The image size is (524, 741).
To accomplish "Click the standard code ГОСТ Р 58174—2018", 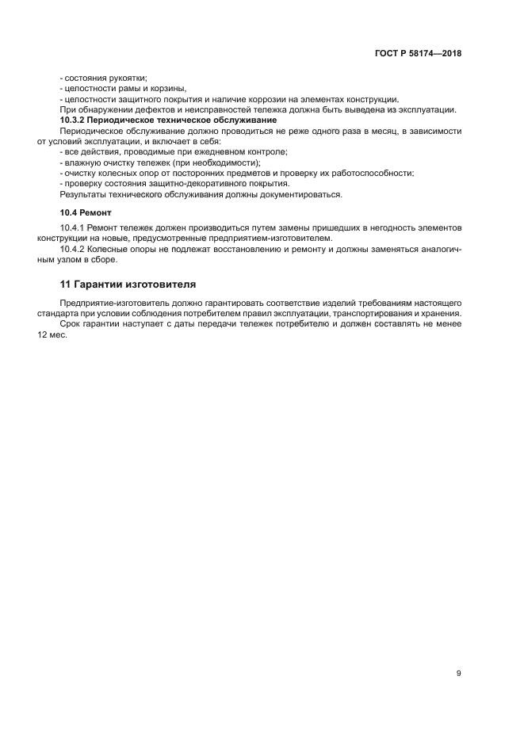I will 418,54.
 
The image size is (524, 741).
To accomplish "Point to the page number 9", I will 458,674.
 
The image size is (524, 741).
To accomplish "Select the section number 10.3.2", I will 75,120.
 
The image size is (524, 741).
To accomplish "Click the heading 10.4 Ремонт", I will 86,213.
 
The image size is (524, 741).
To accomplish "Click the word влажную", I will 82,162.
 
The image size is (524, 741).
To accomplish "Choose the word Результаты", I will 83,193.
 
